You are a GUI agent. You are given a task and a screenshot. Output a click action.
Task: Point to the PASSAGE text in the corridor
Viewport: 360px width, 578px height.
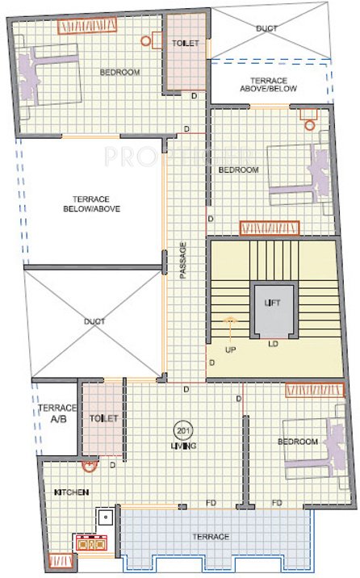(x=183, y=260)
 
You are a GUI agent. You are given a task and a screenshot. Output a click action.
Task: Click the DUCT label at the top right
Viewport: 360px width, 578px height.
(x=266, y=28)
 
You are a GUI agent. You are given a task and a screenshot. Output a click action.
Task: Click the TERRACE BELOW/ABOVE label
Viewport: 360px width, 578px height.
(x=96, y=203)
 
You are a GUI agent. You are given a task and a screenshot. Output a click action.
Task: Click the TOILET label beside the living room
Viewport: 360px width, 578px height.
(x=105, y=418)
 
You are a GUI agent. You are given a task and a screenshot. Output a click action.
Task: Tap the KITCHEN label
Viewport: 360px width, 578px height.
(x=71, y=492)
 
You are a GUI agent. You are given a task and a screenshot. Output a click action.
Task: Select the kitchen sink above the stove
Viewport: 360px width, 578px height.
(x=104, y=517)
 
